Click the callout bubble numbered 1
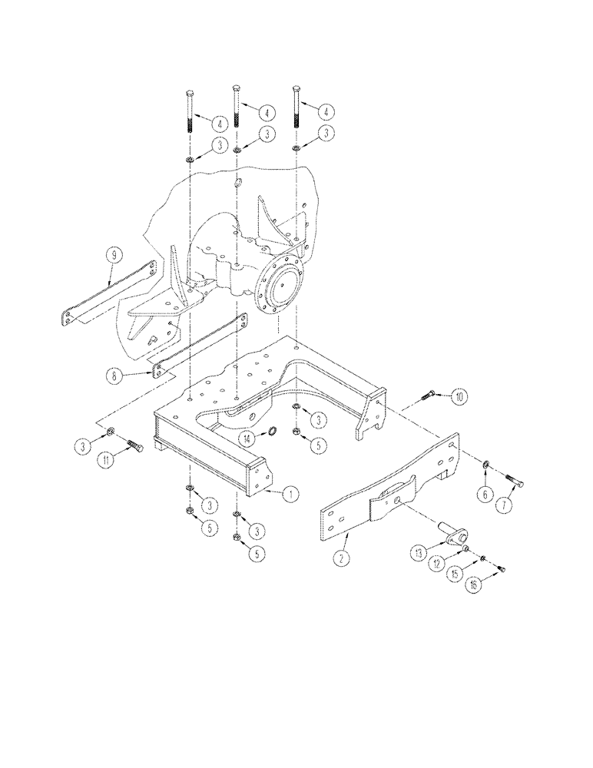point(290,495)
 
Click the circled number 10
point(458,397)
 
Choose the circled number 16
point(473,586)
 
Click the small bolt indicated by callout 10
point(429,395)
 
